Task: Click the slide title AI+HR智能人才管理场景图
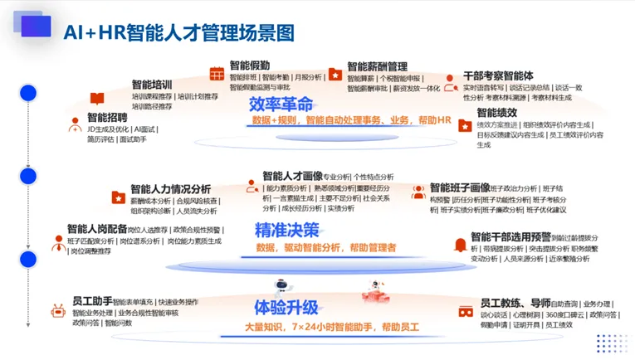(179, 32)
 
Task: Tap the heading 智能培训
(152, 85)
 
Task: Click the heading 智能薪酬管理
(377, 66)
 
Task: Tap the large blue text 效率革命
(281, 105)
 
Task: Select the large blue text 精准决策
(286, 229)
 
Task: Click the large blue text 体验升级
(286, 308)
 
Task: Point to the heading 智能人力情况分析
(170, 189)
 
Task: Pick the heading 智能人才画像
(292, 176)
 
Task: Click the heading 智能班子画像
(460, 187)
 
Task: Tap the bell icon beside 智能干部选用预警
(459, 246)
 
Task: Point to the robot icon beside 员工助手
(59, 312)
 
